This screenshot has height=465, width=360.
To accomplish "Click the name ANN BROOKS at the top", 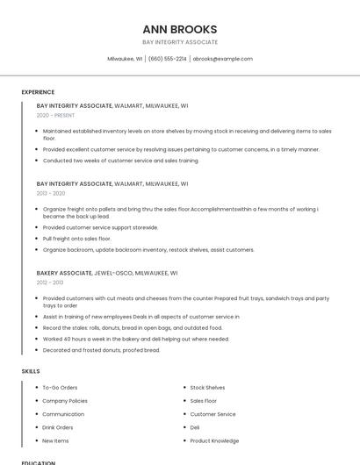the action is click(179, 29).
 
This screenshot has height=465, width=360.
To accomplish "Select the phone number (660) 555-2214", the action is click(167, 59).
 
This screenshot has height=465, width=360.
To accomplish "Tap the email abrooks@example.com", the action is click(222, 59).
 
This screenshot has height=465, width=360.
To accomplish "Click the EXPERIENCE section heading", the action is click(38, 92).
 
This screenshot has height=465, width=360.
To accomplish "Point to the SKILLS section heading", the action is click(31, 371).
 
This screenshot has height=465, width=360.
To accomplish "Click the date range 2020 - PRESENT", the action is click(55, 115).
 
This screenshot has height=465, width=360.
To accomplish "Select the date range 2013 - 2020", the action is click(51, 193).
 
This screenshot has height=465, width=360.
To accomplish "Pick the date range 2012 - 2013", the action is click(50, 283).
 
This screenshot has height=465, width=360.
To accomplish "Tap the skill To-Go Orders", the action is click(60, 387).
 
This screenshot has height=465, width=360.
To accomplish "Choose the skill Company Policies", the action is click(65, 400).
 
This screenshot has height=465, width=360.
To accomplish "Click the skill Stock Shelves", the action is click(207, 387).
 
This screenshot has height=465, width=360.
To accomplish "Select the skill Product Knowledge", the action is click(214, 440).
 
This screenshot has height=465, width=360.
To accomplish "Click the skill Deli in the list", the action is click(195, 427).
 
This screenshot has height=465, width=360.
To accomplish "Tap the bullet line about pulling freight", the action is click(76, 238).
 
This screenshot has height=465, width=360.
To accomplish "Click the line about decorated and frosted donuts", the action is click(101, 350).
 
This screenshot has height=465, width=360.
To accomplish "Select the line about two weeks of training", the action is click(120, 161).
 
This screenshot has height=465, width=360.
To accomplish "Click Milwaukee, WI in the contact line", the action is click(125, 59).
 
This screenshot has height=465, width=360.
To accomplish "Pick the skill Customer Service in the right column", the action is click(212, 414).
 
